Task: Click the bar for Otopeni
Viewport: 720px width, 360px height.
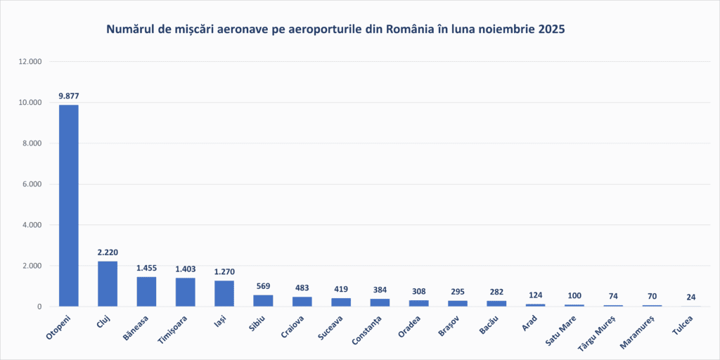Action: coord(68,205)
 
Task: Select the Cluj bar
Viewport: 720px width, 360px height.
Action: coord(108,283)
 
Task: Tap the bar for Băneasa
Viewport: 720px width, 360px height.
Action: coord(146,292)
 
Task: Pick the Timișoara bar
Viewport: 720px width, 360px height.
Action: coord(186,292)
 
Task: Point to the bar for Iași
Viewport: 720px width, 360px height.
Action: coord(224,294)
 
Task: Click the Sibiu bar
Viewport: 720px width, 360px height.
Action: coord(263,301)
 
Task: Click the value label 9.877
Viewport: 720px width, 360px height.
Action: coord(68,96)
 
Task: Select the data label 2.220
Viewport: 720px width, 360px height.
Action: coord(108,252)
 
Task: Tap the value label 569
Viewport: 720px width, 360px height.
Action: coord(263,285)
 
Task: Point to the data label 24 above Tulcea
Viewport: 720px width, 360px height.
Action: coord(691,297)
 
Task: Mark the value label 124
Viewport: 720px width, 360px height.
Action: coord(535,295)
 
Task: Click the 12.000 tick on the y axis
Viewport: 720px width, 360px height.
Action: coord(30,62)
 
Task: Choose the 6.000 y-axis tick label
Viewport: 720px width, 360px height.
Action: coord(32,184)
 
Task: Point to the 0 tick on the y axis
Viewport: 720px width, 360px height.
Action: coord(40,307)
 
